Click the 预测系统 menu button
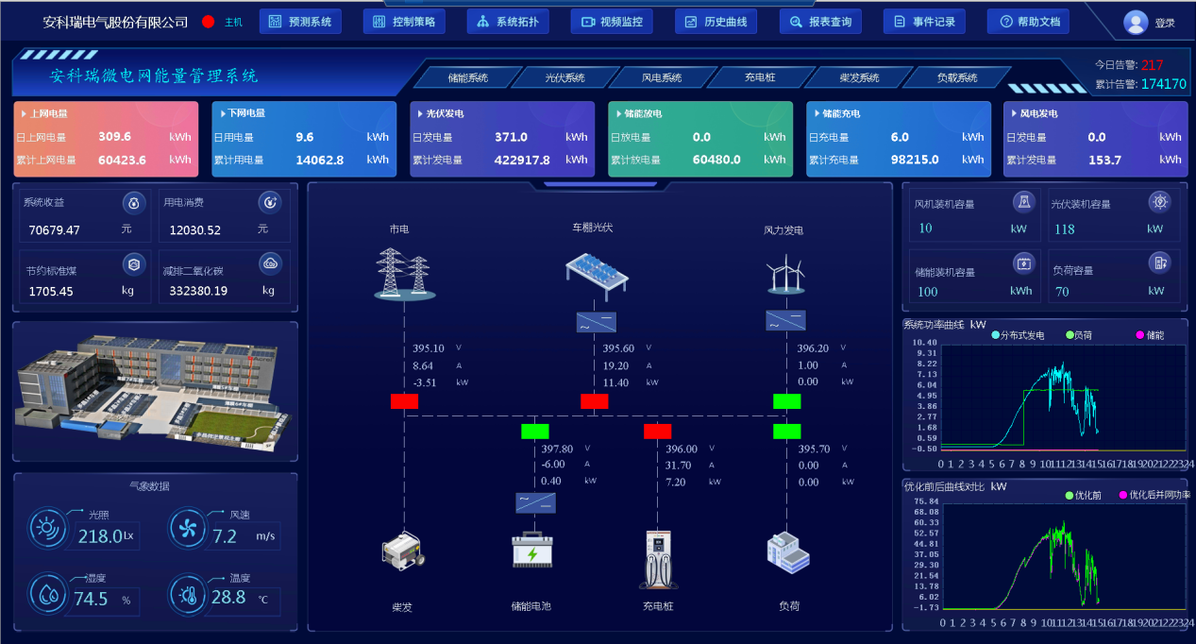[299, 22]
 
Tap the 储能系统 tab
[467, 77]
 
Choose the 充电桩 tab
[759, 77]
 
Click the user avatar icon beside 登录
[1136, 22]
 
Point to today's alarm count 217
[1152, 65]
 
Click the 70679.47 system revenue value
[54, 229]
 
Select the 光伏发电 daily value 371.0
[511, 137]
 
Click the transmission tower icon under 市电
[404, 273]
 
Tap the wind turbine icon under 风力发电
[785, 276]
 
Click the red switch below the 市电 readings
[404, 401]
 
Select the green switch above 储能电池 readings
[534, 432]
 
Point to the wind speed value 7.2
[225, 536]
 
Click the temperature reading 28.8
[228, 597]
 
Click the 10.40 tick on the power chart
[925, 343]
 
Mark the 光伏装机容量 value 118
[1064, 229]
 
